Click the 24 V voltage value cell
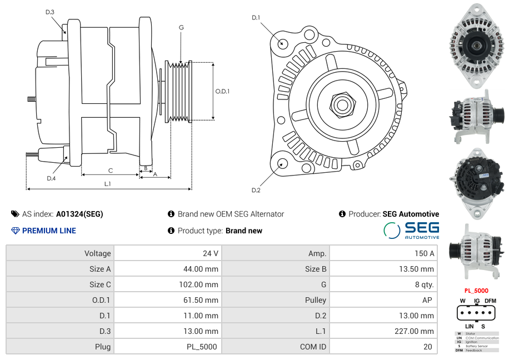(x=210, y=253)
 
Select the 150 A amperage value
(x=424, y=253)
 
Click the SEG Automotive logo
(x=411, y=231)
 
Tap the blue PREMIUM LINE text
(x=49, y=231)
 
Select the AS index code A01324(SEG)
(x=79, y=214)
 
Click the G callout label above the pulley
(x=181, y=28)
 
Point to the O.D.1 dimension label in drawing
(x=222, y=91)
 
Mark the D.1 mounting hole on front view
(x=282, y=43)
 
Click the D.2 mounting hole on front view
(x=282, y=163)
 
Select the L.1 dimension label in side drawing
(x=108, y=183)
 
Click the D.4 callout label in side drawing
(x=51, y=178)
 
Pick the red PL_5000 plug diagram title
(x=476, y=291)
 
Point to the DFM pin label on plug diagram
(x=490, y=301)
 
